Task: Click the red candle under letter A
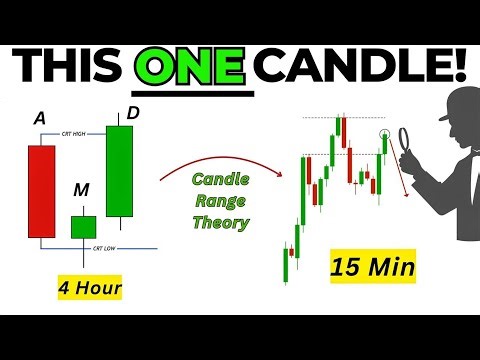(42, 191)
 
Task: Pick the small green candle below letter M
(82, 225)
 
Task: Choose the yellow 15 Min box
(363, 268)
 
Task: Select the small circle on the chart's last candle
(385, 134)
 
